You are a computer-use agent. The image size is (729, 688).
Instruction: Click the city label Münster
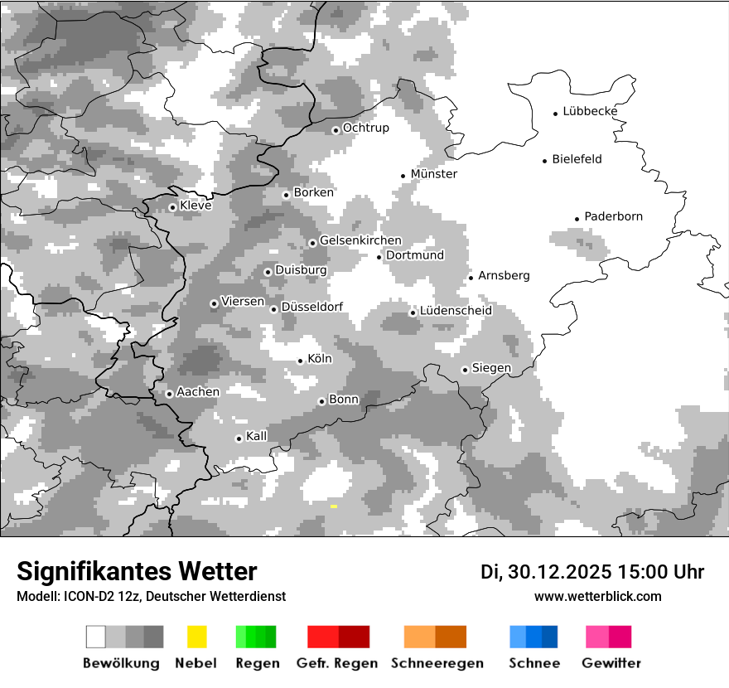pos(434,174)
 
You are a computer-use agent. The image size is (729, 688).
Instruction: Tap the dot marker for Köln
pos(301,361)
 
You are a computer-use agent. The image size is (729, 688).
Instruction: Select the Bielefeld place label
pos(577,159)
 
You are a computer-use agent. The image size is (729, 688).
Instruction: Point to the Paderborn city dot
pos(577,219)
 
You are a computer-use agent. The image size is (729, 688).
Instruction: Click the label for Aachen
pos(198,392)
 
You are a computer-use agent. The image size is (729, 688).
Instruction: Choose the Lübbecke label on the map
pos(590,111)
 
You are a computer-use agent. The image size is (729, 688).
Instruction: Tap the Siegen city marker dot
pos(466,370)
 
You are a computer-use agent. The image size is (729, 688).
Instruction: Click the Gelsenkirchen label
pos(360,240)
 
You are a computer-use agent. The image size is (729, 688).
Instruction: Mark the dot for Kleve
pos(173,207)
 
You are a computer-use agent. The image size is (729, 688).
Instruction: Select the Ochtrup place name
pos(366,128)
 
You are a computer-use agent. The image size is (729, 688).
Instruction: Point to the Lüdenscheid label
pos(456,311)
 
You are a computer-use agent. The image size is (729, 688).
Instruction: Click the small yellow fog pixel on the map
pos(334,506)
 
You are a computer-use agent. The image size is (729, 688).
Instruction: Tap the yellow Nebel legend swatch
pos(196,637)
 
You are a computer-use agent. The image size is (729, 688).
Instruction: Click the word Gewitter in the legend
pos(611,663)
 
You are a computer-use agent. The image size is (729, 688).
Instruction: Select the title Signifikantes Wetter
pos(137,571)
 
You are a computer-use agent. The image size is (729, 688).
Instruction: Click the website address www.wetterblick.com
pos(598,597)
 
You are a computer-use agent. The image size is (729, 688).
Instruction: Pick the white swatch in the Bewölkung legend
pos(96,637)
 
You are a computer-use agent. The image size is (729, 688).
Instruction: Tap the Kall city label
pos(257,436)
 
